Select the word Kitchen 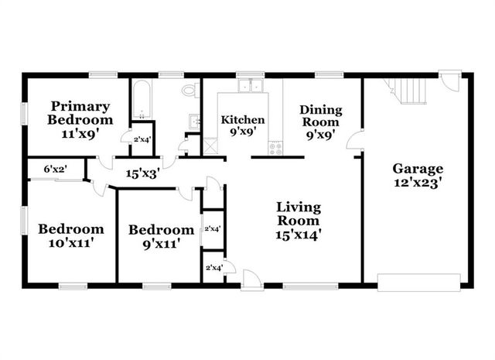click(243, 120)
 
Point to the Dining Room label click(320, 116)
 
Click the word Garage click(417, 168)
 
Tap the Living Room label click(299, 214)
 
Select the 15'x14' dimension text click(299, 232)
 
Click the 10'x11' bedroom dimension click(71, 243)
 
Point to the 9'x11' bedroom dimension click(161, 244)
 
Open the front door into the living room click(251, 279)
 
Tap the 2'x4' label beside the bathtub click(142, 139)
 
